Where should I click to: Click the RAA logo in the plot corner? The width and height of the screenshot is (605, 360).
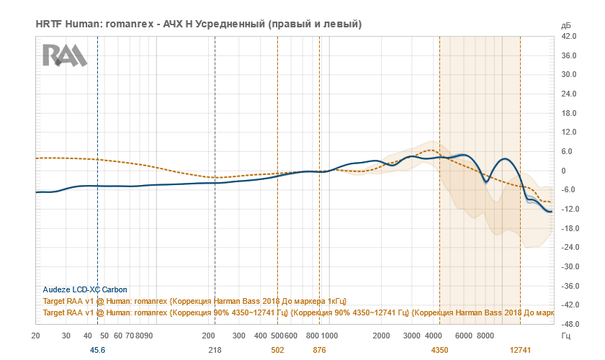tap(64, 55)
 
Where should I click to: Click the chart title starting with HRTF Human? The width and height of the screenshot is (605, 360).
tap(198, 24)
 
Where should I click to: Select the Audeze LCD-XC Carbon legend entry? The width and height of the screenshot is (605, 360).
tap(85, 289)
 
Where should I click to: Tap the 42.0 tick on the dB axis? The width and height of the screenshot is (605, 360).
tap(569, 36)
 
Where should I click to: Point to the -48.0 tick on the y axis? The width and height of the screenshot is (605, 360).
tap(568, 324)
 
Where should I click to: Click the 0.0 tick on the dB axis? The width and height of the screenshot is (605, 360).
tap(569, 171)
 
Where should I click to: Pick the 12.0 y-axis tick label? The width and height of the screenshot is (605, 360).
tap(569, 132)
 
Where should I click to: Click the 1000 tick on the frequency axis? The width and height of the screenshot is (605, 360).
tap(329, 336)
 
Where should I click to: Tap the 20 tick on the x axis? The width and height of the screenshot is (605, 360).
tap(36, 336)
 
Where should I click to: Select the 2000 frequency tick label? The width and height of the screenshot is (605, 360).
tap(381, 336)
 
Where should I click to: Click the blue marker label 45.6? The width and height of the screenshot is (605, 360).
tap(97, 350)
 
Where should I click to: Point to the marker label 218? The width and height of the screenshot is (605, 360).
tap(215, 350)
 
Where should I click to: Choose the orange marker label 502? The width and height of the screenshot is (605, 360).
tap(277, 350)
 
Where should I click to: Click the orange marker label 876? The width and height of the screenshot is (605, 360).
tap(319, 350)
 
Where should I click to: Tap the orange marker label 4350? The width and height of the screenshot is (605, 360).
tap(439, 350)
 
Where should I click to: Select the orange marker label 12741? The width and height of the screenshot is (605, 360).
tap(520, 350)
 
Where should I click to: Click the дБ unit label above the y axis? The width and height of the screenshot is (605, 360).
tap(565, 25)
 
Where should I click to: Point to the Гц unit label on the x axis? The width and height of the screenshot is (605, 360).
tap(565, 336)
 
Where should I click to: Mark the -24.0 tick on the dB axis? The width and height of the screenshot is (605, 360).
tap(568, 248)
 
